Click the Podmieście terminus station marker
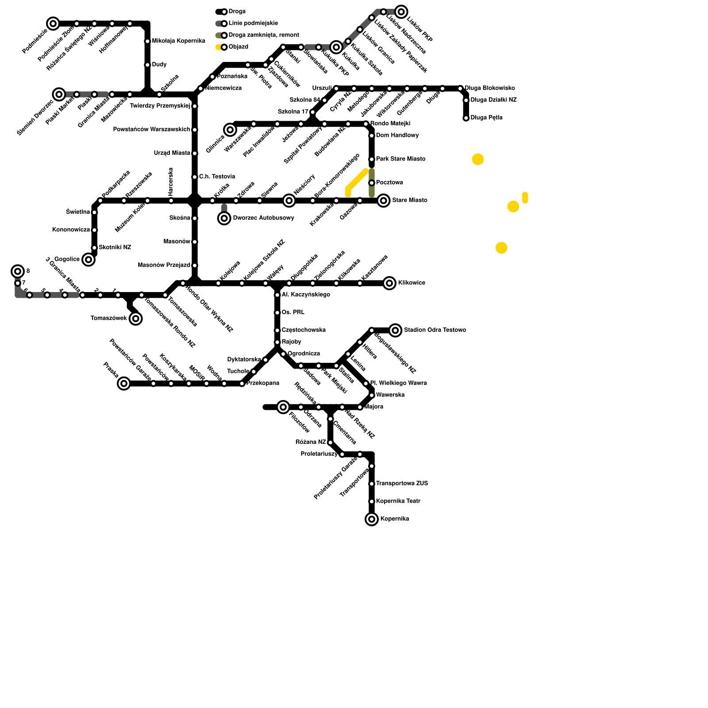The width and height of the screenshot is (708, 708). click(53, 23)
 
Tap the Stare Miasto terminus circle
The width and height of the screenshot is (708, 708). click(384, 200)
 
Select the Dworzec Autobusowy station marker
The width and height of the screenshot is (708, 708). click(224, 218)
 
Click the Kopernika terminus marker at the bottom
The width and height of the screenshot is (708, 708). click(372, 519)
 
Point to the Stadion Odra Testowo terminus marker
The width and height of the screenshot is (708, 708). click(396, 330)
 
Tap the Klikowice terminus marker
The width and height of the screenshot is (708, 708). click(389, 283)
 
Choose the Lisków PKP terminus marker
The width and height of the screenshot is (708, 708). click(401, 12)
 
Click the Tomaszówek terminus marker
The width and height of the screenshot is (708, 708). click(136, 319)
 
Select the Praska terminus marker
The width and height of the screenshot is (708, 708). click(124, 383)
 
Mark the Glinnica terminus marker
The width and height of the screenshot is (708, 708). click(230, 130)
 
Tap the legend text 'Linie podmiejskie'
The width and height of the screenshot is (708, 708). click(253, 23)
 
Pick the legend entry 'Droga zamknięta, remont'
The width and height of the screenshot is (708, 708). click(264, 35)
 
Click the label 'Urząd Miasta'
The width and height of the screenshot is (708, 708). click(172, 153)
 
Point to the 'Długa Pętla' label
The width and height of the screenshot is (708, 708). click(486, 118)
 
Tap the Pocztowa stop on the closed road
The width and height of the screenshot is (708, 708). click(372, 183)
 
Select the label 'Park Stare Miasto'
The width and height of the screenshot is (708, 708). click(400, 159)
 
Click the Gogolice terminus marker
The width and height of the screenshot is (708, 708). click(88, 259)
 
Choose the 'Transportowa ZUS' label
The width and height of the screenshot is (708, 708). click(402, 484)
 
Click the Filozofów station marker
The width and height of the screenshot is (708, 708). click(283, 407)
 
